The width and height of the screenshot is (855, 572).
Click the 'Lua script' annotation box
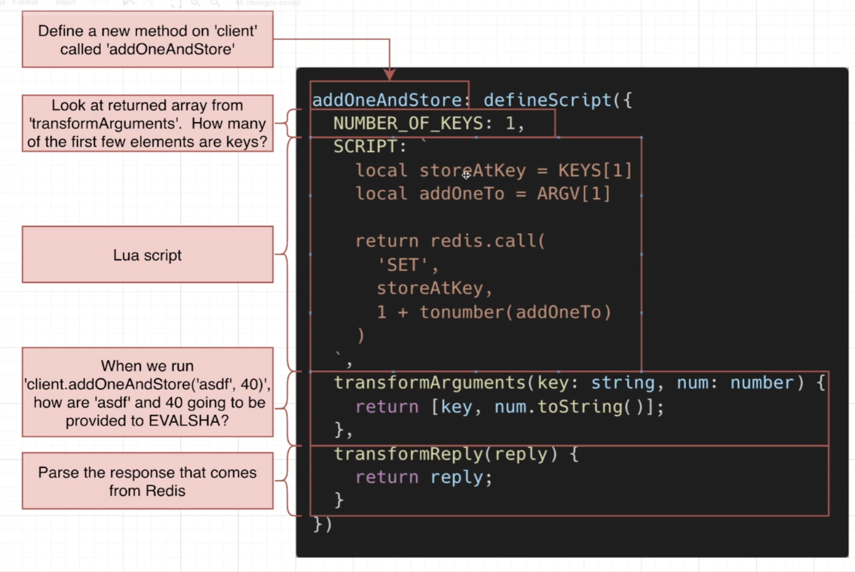pos(147,255)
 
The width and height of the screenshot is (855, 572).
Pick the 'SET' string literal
pos(408,265)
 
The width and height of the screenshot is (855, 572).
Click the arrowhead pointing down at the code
pos(389,74)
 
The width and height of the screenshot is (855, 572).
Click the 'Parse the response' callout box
pos(147,481)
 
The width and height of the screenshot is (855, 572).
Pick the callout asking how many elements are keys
pos(147,123)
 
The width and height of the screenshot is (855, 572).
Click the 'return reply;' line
pos(424,478)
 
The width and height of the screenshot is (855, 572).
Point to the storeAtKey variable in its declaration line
pos(473,171)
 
